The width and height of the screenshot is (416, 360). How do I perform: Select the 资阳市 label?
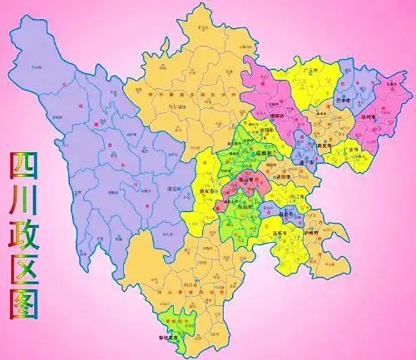point(284,176)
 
